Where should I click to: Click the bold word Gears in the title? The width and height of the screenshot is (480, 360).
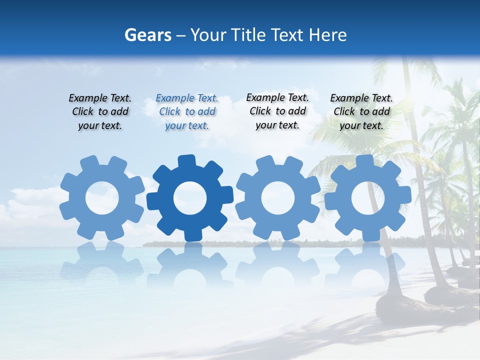pos(147,35)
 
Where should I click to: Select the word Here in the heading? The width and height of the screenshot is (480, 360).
pos(327,35)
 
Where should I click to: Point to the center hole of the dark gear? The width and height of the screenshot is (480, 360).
pos(190,198)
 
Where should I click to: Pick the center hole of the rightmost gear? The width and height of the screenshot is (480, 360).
pos(368,198)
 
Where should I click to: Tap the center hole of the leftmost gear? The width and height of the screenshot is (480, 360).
pos(102,198)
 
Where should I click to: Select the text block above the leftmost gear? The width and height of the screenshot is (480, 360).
pos(100,112)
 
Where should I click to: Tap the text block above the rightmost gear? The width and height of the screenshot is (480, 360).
pos(361,112)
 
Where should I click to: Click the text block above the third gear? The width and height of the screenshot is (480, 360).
pos(277,111)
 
